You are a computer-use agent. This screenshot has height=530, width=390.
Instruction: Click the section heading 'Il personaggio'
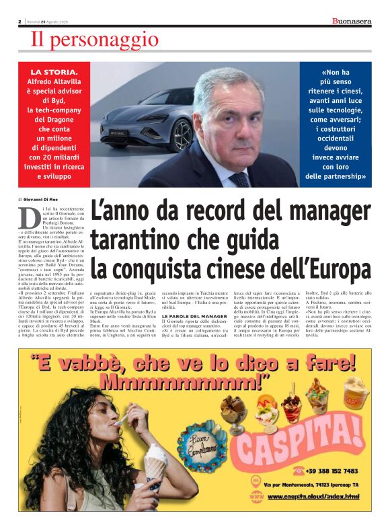click(x=95, y=40)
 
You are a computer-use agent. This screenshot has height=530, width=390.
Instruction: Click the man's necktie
click(x=240, y=179)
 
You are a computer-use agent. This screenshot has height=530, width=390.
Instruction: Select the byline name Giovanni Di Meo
click(x=47, y=200)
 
